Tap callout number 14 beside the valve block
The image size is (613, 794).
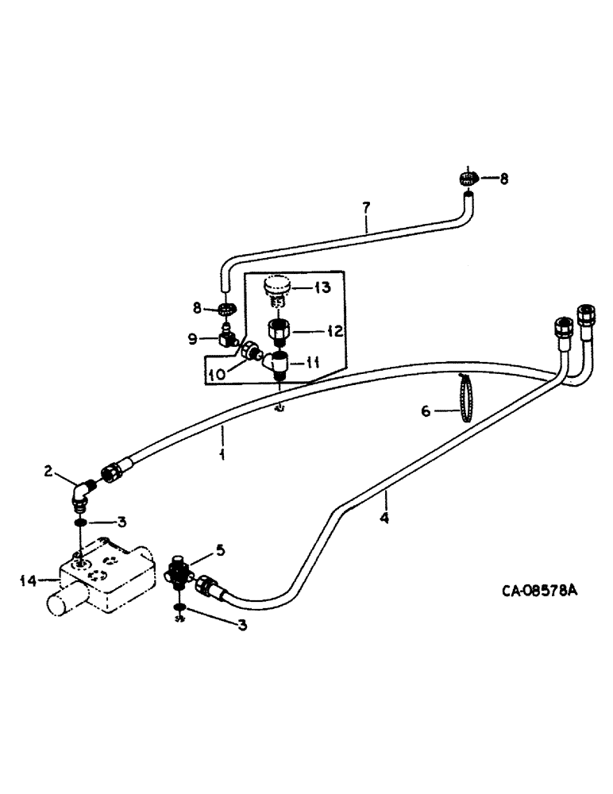pos(27,581)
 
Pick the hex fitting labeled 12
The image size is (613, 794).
pos(279,330)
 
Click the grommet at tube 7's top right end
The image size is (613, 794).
pos(468,179)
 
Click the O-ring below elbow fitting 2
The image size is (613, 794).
pos(80,523)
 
